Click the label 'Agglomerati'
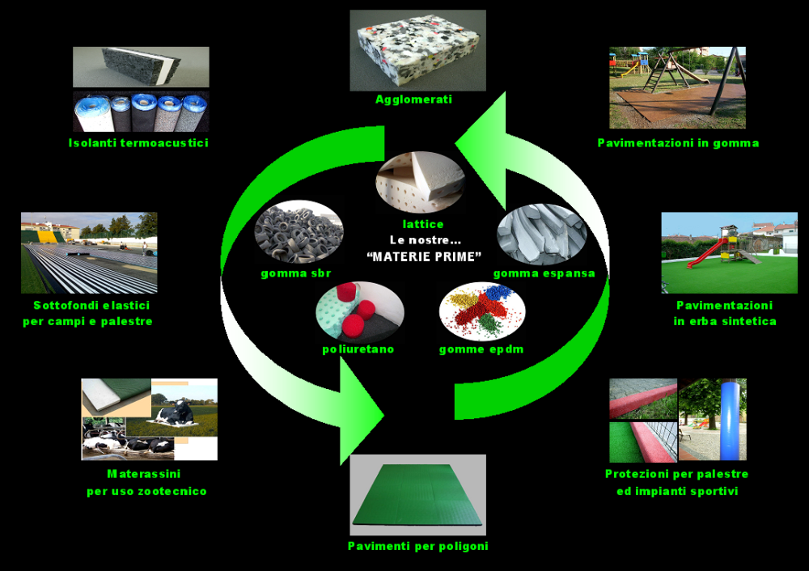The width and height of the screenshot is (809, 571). click(x=413, y=99)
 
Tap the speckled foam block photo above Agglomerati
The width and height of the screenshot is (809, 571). click(x=418, y=51)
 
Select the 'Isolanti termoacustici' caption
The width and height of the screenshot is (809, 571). click(x=138, y=143)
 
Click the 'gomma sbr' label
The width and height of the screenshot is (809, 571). click(x=295, y=273)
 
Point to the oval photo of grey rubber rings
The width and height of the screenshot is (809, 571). click(x=299, y=232)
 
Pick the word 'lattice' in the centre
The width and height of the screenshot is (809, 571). click(x=423, y=224)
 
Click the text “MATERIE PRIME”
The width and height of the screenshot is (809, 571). click(x=424, y=256)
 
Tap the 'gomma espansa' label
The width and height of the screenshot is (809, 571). click(x=544, y=273)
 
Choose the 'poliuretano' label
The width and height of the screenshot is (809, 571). click(x=358, y=349)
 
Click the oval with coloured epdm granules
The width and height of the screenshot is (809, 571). click(x=482, y=311)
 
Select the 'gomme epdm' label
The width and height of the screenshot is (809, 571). click(x=481, y=349)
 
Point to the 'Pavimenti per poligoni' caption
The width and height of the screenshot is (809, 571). click(x=418, y=546)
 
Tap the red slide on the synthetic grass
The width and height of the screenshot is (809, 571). click(x=705, y=252)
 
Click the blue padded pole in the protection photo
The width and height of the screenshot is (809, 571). click(x=733, y=419)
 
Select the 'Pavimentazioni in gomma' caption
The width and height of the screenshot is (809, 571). click(x=678, y=143)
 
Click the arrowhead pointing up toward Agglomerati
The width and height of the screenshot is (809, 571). click(x=485, y=135)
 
